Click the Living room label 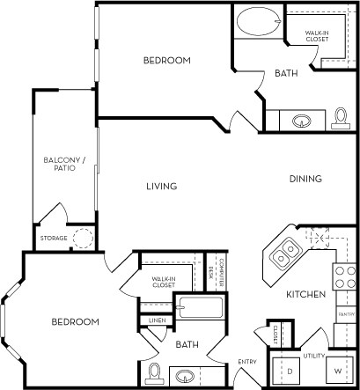(x=163, y=186)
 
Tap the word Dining (x=305, y=179)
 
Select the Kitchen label (x=305, y=293)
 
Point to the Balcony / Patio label (x=60, y=163)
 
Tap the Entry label (x=247, y=362)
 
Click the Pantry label (x=345, y=313)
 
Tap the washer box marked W (x=336, y=371)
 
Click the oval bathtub (x=257, y=20)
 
